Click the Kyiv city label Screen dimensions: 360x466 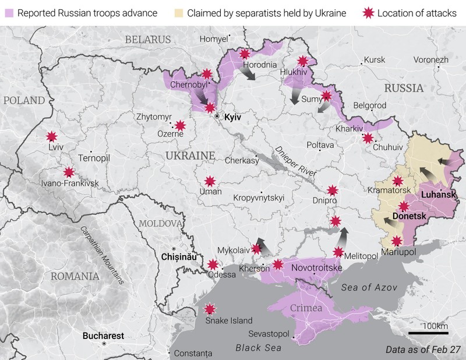point(232,117)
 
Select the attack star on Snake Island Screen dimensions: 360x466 point(210,309)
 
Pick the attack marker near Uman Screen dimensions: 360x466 point(210,181)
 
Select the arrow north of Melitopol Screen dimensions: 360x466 point(343,237)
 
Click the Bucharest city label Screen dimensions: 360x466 point(103,336)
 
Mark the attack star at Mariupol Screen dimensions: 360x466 point(397,241)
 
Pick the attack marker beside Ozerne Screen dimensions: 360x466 point(180,125)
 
